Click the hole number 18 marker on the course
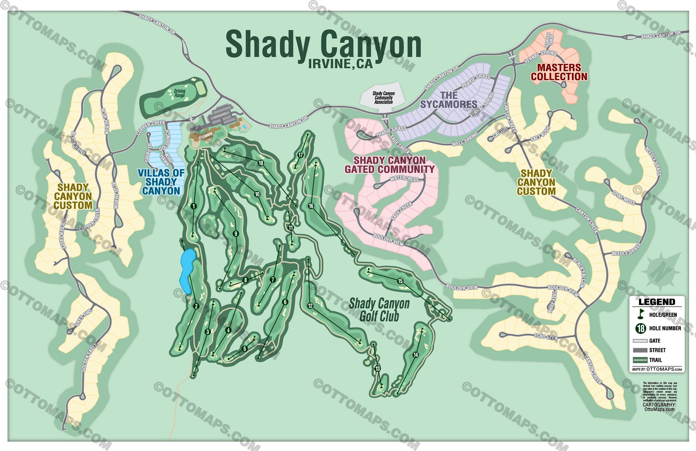[x=261, y=163]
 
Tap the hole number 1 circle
[x=193, y=206]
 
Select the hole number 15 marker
[x=400, y=281]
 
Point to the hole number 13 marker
[x=377, y=369]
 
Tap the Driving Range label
[x=180, y=93]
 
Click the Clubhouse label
[x=206, y=136]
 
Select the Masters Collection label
[x=559, y=72]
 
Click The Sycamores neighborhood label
[x=449, y=100]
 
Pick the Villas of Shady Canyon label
[x=161, y=182]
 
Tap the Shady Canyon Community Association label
[x=383, y=98]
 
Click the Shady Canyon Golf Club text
[x=379, y=310]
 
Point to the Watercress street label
[x=404, y=178]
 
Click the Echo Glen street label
[x=545, y=337]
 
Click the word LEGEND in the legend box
[x=657, y=302]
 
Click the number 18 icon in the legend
[x=641, y=328]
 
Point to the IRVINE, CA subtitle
[x=340, y=64]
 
